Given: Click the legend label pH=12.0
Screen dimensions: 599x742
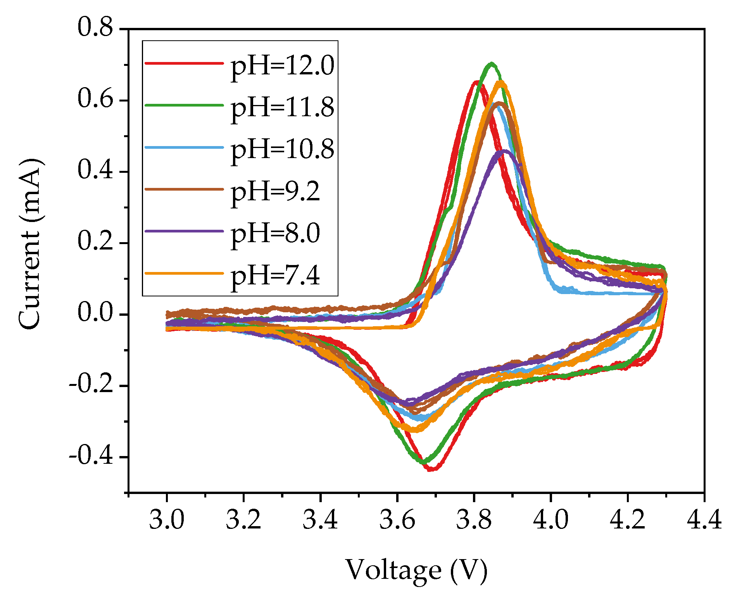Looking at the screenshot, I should point(282,65).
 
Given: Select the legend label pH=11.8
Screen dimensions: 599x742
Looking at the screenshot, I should point(282,107).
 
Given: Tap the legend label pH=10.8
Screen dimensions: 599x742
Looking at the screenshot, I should point(282,149).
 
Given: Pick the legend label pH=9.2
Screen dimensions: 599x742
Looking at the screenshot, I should point(275,191).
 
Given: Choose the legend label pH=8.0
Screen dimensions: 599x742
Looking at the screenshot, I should point(275,233).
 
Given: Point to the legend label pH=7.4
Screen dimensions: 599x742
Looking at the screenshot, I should point(275,275).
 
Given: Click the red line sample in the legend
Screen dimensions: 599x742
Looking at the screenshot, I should point(184,63).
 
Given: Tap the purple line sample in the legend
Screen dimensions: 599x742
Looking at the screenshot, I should point(184,231).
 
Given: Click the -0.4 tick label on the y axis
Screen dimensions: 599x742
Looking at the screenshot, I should point(91,456).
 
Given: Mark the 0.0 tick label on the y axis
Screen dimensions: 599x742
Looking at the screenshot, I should point(95,313).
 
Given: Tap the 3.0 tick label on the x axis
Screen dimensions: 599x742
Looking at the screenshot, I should point(167,520).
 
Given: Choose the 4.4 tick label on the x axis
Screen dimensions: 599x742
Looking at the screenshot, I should point(704,520).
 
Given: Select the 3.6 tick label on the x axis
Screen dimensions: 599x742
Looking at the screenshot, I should point(397,520).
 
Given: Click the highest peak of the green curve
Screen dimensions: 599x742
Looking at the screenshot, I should point(492,63).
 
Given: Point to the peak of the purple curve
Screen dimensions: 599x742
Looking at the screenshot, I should point(504,151).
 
